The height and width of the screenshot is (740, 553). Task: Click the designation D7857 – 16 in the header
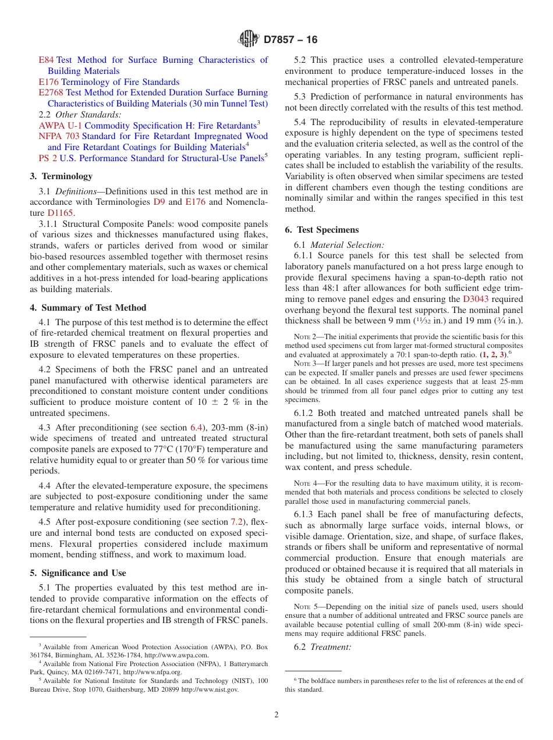[x=290, y=40]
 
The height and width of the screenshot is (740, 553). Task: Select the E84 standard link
[x=46, y=60]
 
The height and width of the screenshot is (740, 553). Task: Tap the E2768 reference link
[x=51, y=92]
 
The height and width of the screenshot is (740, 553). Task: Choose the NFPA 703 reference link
[x=59, y=136]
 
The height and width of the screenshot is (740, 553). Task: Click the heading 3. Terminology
[x=61, y=176]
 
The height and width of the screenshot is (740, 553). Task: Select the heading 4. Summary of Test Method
[x=88, y=308]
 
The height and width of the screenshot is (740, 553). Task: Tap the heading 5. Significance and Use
[x=78, y=573]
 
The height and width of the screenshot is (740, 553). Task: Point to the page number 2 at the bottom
[x=276, y=714]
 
